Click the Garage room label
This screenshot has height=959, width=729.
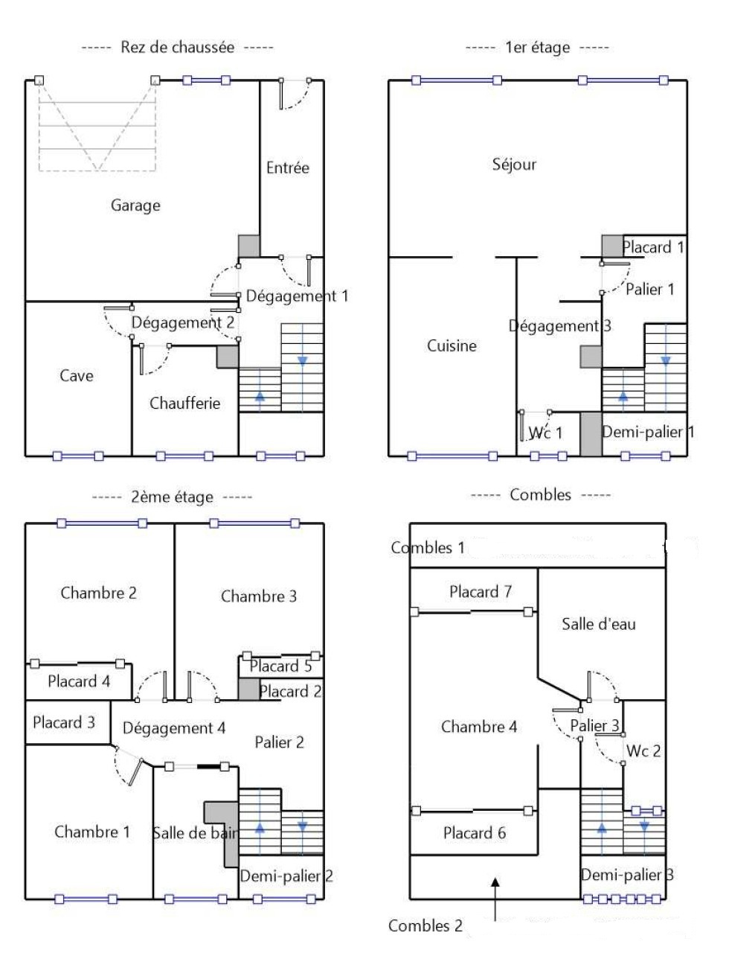point(135,205)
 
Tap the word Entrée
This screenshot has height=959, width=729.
point(288,168)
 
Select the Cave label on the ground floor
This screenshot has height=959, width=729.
point(77,376)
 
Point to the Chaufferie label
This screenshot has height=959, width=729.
point(184,403)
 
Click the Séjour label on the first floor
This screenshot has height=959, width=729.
point(514,165)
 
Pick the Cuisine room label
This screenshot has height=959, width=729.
point(452,345)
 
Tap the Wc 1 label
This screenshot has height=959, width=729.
point(546,433)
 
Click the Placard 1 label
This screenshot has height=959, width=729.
point(653,247)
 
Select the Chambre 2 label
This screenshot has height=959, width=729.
point(99,593)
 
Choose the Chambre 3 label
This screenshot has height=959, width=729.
point(259,596)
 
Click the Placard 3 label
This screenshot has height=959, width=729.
point(64,722)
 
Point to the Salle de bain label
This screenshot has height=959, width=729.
point(195,832)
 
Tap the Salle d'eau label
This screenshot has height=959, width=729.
point(599,624)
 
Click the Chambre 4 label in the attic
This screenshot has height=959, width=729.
point(479,727)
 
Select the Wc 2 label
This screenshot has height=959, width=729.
point(643,751)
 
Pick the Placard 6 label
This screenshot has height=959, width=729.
point(475,832)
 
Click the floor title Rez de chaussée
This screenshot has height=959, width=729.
point(177,47)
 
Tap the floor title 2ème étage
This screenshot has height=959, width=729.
point(172,497)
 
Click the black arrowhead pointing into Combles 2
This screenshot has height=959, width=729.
point(495,883)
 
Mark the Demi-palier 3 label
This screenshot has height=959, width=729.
point(627,875)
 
